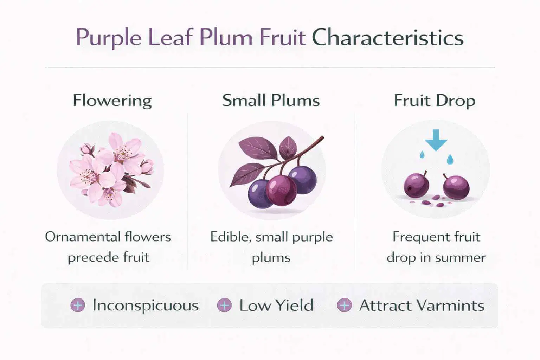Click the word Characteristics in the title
coord(387,38)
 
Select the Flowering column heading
coord(112,101)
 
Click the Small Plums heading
coord(271,101)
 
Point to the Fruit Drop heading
coord(435,101)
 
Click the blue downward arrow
coord(436,140)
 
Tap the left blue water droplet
coord(422,154)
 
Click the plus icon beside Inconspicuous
coord(78,305)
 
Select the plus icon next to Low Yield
coord(224,305)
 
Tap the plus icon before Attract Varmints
coord(344,305)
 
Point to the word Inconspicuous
coord(145,305)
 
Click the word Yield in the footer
coord(294,305)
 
